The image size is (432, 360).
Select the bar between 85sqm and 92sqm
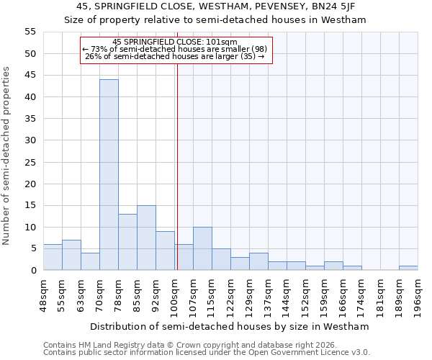pos(146,238)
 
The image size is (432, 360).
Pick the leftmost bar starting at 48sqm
pos(53,257)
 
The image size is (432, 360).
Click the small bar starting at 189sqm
pos(408,268)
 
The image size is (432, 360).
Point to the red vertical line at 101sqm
pos(177,166)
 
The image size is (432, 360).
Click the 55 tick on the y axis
pos(30,32)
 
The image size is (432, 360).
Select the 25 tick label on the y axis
pos(30,162)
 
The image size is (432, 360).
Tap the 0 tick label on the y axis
pos(32,271)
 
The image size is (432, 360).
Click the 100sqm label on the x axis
pos(175,293)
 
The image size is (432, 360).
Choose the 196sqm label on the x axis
pos(418,293)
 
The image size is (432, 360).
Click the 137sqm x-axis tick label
pos(269,293)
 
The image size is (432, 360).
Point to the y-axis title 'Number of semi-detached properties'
pos(6,156)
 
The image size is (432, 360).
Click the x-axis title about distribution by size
pos(230,326)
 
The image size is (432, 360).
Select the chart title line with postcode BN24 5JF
pos(215,6)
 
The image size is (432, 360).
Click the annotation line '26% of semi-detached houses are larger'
pos(174,56)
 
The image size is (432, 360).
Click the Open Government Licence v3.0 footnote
pos(207,353)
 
